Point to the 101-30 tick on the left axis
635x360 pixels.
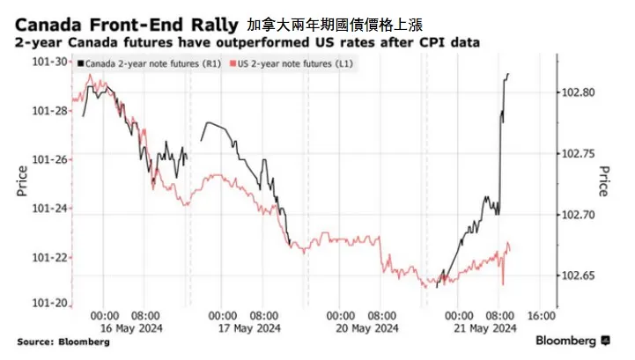[x=49, y=62]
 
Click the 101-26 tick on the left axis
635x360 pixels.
[x=49, y=159]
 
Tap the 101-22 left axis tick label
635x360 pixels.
[x=49, y=257]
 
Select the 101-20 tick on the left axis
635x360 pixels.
[x=49, y=303]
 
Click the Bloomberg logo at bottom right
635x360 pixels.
[x=573, y=340]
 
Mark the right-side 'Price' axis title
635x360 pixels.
[x=603, y=181]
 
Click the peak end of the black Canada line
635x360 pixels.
[x=508, y=75]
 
